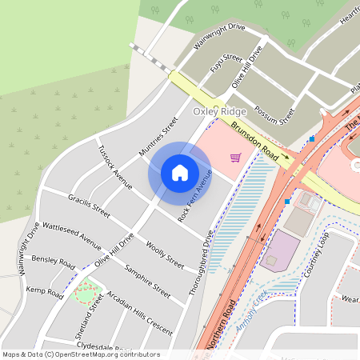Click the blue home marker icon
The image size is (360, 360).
coord(180,172)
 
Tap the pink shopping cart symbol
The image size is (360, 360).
coord(235,157)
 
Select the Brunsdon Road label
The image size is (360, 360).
coord(255,141)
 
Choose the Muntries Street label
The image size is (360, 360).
coord(158,137)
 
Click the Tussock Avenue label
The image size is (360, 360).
coord(114,167)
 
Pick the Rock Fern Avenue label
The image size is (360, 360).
coord(194,196)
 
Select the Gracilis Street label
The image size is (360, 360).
coord(89,205)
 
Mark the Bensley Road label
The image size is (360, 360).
coord(54,262)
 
